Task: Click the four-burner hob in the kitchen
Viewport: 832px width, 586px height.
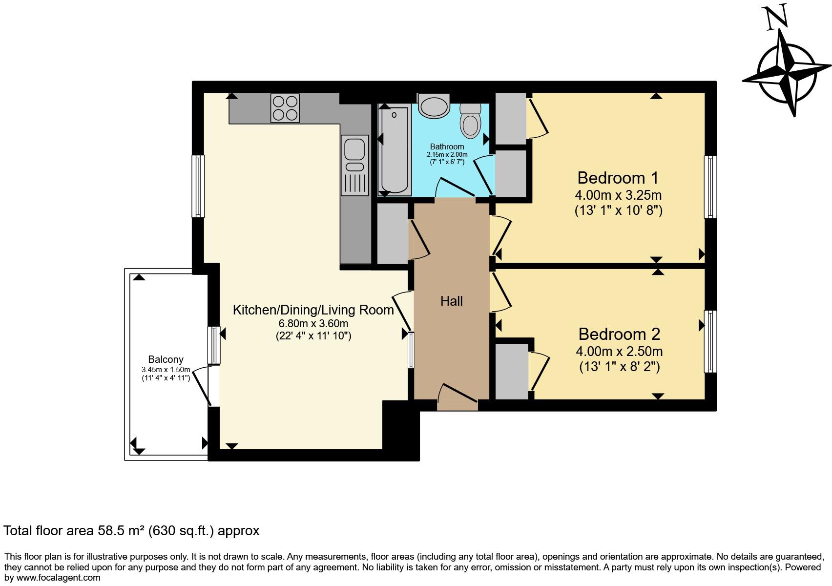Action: click(x=285, y=108)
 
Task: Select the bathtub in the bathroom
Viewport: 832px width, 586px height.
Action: click(x=394, y=151)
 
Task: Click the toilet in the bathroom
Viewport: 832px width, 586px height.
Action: click(x=471, y=121)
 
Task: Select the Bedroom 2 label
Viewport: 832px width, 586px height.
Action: click(x=619, y=334)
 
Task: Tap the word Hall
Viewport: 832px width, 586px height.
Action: click(x=451, y=301)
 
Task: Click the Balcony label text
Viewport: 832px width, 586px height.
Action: click(x=166, y=359)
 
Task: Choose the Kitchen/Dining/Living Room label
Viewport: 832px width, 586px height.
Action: click(x=313, y=310)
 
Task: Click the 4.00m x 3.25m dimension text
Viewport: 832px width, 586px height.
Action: click(x=618, y=195)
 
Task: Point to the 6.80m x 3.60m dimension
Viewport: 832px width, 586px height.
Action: click(x=313, y=324)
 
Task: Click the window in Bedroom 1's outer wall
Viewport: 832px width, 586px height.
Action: click(x=710, y=187)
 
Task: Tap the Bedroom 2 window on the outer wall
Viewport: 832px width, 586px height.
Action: click(x=710, y=341)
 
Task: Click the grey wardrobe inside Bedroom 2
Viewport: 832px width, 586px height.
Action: click(x=512, y=371)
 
